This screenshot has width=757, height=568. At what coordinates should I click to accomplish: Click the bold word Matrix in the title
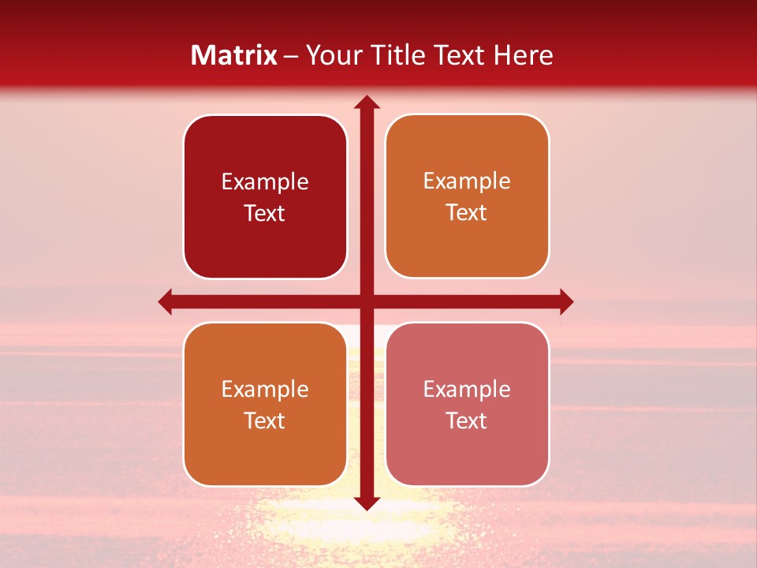point(234,55)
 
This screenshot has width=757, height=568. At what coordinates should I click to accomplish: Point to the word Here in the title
point(524,55)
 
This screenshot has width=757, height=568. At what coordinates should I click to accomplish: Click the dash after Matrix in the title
point(291,56)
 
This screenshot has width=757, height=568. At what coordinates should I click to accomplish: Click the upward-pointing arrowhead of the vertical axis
point(366,103)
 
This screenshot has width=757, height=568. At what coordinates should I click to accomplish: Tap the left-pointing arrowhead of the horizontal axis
point(166,301)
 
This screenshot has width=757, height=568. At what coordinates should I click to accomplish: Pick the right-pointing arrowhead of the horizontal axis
point(565,301)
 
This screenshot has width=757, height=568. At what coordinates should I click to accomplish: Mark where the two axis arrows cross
point(366,301)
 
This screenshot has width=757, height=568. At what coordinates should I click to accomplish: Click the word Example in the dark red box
point(265,182)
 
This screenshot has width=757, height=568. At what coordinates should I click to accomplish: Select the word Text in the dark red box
point(265,213)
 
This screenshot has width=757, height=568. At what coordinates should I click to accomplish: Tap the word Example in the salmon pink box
point(467,389)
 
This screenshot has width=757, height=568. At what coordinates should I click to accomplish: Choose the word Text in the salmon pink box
point(467,420)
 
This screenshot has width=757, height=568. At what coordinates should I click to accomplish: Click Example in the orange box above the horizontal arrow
point(467,181)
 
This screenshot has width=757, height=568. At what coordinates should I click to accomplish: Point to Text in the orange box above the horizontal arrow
point(467,212)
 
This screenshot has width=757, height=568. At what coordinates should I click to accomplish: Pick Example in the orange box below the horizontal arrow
point(265,389)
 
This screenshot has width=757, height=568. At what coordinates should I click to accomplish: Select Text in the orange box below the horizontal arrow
point(265,420)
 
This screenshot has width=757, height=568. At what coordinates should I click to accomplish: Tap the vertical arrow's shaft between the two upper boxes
point(366,197)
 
